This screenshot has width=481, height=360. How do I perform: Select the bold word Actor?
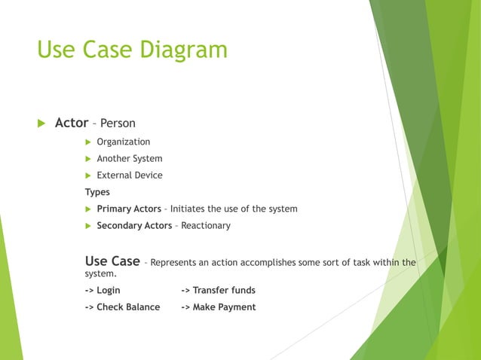pos(72,122)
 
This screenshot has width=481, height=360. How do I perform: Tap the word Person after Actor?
pos(118,123)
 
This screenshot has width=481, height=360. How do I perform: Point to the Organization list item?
pos(123,142)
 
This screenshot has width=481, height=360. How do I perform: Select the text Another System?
pos(129,158)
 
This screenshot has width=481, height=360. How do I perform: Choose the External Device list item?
pos(129,175)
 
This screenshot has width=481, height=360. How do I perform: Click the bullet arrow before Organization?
pos(88,142)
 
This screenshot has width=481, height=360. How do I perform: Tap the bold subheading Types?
pos(97,192)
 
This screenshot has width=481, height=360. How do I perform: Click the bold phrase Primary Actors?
pos(129,209)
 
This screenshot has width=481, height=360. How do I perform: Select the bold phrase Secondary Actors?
pos(134,225)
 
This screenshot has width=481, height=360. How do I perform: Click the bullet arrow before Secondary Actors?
pos(88,226)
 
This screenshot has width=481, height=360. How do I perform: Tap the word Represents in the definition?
pos(173,263)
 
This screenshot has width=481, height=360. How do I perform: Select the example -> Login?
pos(103,290)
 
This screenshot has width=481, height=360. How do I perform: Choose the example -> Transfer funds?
pos(218,290)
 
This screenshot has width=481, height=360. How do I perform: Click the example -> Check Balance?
pos(122,307)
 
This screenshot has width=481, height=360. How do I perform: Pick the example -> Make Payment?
pos(219,307)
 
